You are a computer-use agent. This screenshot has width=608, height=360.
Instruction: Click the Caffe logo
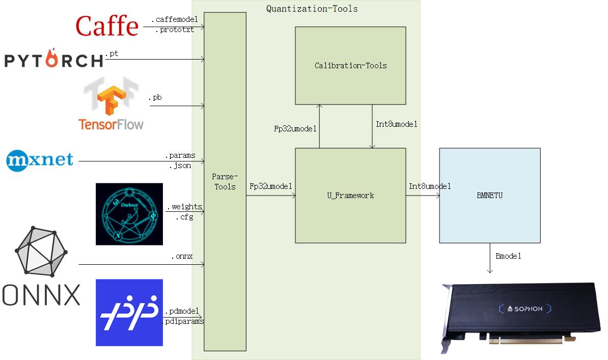(x=107, y=25)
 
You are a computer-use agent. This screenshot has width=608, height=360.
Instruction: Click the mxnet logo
(x=40, y=160)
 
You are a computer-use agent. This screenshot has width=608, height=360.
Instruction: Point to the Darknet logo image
(x=129, y=214)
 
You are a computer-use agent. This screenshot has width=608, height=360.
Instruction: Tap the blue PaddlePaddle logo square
(x=129, y=312)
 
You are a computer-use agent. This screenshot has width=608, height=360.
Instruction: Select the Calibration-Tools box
(x=350, y=66)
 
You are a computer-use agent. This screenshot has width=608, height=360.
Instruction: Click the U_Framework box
(x=350, y=195)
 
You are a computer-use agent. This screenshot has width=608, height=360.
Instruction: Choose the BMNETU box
(x=489, y=195)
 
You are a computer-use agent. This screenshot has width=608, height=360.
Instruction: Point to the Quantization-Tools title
(x=312, y=9)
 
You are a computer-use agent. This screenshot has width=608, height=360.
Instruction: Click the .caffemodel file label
(x=174, y=19)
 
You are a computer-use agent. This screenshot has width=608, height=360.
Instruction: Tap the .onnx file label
(x=182, y=256)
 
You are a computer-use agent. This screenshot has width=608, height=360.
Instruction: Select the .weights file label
(x=184, y=207)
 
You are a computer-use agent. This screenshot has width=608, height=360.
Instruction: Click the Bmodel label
(x=508, y=256)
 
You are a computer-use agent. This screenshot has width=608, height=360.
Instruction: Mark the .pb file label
(x=155, y=97)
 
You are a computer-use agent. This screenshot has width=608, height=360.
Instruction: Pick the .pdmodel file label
(x=182, y=311)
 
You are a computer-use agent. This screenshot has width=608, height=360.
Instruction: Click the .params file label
(x=180, y=155)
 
